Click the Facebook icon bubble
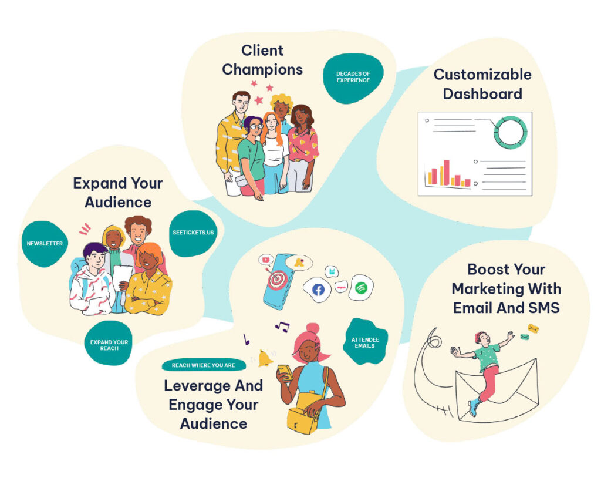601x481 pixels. pyautogui.click(x=318, y=290)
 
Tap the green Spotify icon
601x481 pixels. pyautogui.click(x=361, y=288)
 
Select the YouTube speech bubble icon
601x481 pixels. pyautogui.click(x=267, y=259)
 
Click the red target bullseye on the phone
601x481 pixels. pyautogui.click(x=276, y=280)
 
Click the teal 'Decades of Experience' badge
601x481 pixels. pyautogui.click(x=353, y=77)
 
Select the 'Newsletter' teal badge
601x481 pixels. pyautogui.click(x=45, y=244)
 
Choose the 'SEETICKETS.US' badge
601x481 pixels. pyautogui.click(x=194, y=233)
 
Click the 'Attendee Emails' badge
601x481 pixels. pyautogui.click(x=363, y=342)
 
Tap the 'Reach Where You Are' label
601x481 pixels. pyautogui.click(x=203, y=365)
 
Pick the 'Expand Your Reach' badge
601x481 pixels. pyautogui.click(x=109, y=345)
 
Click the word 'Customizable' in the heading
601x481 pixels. pyautogui.click(x=482, y=75)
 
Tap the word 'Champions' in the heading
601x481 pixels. pyautogui.click(x=262, y=69)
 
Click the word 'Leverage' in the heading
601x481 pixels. pyautogui.click(x=197, y=386)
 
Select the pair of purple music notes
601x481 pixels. pyautogui.click(x=282, y=327)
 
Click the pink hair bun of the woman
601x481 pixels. pyautogui.click(x=312, y=329)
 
